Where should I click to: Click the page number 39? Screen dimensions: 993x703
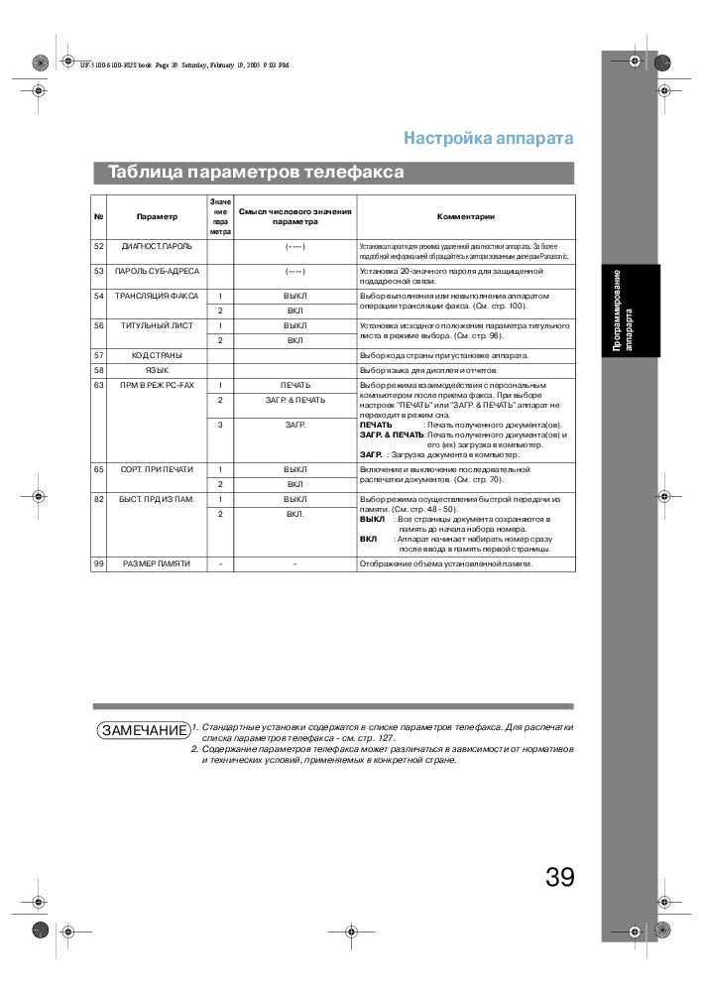point(559,877)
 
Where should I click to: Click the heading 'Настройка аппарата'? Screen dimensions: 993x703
point(488,138)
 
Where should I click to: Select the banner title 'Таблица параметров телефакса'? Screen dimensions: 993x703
point(256,172)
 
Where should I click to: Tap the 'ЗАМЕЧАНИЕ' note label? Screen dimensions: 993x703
point(144,730)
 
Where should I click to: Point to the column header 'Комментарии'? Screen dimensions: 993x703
point(465,216)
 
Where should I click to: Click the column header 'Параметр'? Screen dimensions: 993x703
point(158,216)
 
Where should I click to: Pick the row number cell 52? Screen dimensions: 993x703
point(99,245)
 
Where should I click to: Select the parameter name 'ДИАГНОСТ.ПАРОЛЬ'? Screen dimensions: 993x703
point(157,245)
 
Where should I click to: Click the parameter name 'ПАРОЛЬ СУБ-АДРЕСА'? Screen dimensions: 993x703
point(158,271)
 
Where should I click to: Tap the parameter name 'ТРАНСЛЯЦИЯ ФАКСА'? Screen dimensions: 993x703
point(158,297)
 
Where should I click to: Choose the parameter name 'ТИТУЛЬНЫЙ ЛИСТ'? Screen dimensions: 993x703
point(158,325)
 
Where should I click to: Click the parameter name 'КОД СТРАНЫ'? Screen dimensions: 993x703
point(157,354)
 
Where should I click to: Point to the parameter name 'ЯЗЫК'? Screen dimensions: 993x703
point(157,369)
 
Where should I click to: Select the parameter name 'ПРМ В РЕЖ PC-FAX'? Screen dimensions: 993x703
point(158,385)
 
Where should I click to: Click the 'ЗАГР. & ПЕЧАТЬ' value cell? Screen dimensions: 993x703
point(294,400)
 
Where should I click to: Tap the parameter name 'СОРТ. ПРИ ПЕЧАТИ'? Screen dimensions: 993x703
point(158,469)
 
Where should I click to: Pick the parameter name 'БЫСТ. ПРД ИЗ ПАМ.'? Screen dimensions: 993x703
point(158,499)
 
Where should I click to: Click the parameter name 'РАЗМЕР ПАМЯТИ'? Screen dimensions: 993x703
point(157,564)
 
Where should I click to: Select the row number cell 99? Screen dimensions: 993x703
point(99,564)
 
